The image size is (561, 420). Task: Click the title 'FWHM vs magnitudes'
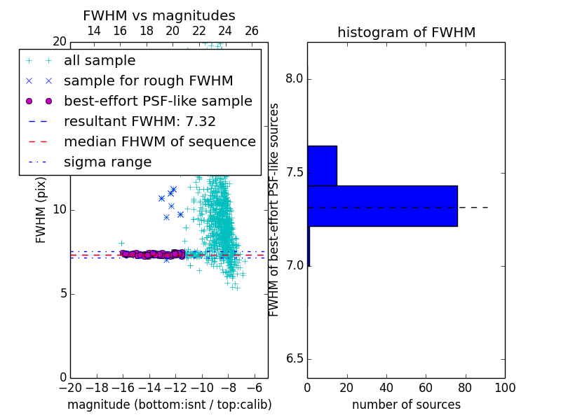[159, 15]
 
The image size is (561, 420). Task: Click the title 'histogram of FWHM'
[407, 32]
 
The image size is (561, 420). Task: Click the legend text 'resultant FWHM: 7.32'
[140, 122]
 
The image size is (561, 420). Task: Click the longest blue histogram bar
[382, 206]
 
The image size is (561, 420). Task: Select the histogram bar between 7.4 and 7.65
[323, 166]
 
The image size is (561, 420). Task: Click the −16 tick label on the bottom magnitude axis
[123, 388]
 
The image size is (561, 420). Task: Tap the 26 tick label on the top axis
[252, 31]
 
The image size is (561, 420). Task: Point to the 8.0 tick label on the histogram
[294, 78]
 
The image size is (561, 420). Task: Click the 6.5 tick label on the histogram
[294, 359]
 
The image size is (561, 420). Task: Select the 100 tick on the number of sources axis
[505, 388]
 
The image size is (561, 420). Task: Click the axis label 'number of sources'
[407, 405]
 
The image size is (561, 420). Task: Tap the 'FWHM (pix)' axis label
[41, 210]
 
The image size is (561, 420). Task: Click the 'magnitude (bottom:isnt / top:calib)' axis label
[170, 405]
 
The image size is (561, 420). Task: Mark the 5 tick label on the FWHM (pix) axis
[64, 293]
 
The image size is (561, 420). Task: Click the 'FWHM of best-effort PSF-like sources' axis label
[273, 210]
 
